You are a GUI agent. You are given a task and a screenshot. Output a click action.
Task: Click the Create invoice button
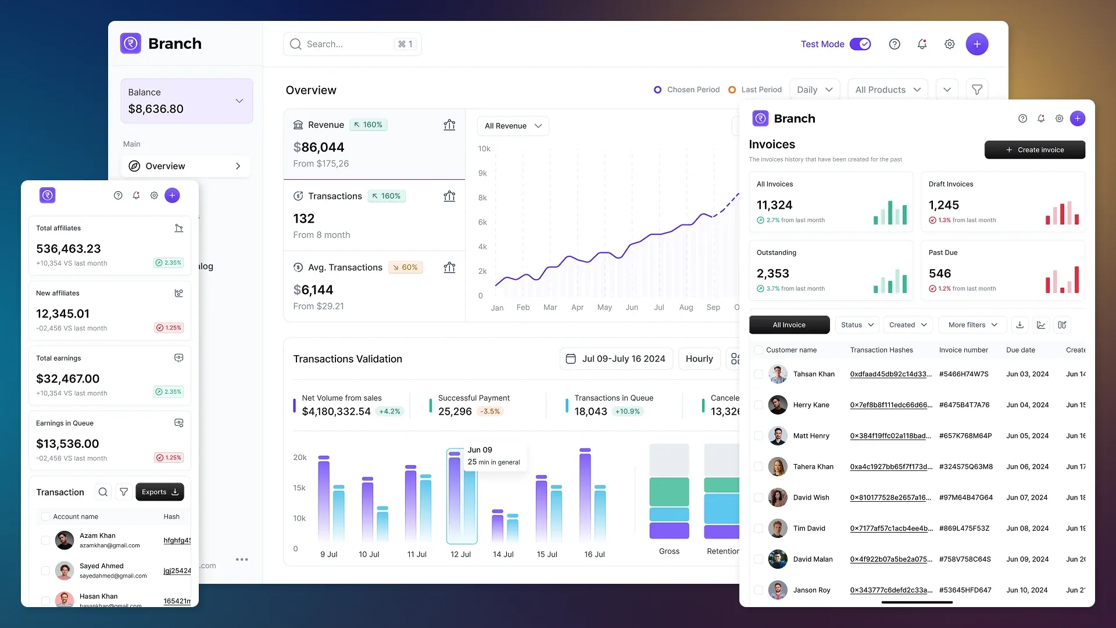[1035, 150]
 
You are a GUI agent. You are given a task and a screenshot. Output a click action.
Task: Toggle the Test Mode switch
[860, 44]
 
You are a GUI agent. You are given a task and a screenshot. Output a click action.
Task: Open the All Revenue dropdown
[513, 126]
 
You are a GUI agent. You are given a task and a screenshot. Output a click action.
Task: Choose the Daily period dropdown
[814, 90]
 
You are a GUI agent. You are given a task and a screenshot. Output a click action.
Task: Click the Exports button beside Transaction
[160, 493]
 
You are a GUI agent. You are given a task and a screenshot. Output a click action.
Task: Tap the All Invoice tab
[789, 325]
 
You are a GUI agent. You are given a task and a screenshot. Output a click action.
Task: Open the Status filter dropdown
[857, 325]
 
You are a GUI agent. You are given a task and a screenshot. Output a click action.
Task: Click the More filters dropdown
[972, 325]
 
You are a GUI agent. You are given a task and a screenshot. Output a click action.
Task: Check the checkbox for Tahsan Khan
[759, 374]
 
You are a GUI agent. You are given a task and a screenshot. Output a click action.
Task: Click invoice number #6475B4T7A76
[964, 405]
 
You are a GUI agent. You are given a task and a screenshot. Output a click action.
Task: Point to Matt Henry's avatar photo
[778, 436]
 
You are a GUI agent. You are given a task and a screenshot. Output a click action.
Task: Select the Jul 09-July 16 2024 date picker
[616, 359]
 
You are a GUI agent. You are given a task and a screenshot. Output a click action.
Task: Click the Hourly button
[699, 359]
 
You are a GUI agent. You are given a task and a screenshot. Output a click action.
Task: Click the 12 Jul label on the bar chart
[461, 555]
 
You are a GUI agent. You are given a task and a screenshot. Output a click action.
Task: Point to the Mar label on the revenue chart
[550, 308]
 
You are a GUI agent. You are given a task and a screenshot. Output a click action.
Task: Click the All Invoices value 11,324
[774, 205]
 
